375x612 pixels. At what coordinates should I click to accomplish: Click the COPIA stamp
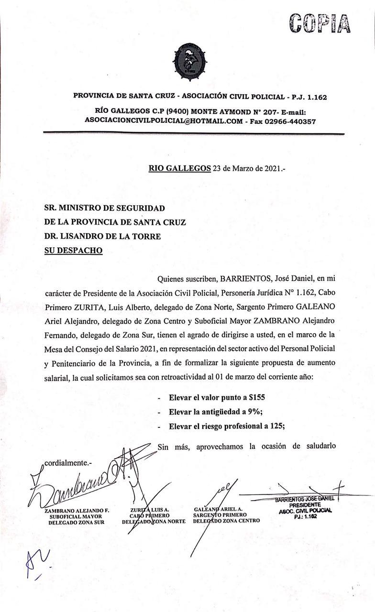[320, 22]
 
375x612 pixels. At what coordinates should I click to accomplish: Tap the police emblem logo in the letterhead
[190, 61]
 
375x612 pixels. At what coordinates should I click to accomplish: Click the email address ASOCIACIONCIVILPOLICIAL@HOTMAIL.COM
[164, 121]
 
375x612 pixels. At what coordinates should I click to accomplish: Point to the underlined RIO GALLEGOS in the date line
[179, 168]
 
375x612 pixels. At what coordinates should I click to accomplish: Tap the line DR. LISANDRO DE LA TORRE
[102, 236]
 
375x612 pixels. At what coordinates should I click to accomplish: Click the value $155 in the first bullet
[256, 397]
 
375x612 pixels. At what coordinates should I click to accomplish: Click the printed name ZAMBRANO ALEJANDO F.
[77, 511]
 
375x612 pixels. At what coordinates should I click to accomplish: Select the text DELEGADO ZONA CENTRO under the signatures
[226, 521]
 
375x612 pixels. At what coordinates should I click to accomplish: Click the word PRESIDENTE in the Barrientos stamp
[305, 505]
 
